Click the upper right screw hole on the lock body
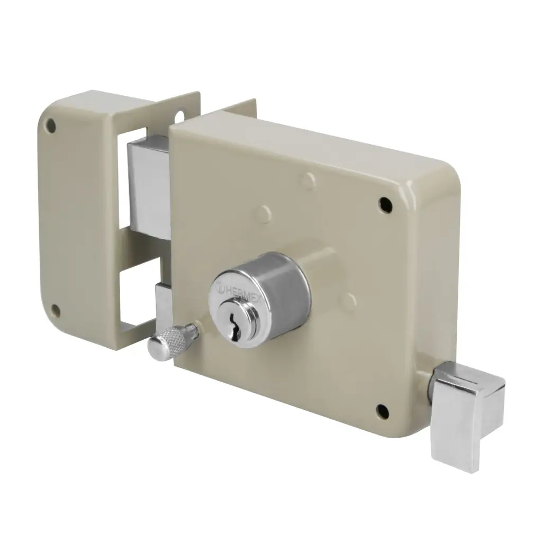[x=385, y=204]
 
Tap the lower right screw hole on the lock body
[x=383, y=410]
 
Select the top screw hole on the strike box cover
[x=51, y=125]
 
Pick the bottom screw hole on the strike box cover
[x=55, y=310]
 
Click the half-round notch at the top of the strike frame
[x=180, y=115]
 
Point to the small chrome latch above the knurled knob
[x=164, y=304]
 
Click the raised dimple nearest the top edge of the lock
[x=308, y=180]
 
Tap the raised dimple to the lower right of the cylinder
[x=348, y=302]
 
